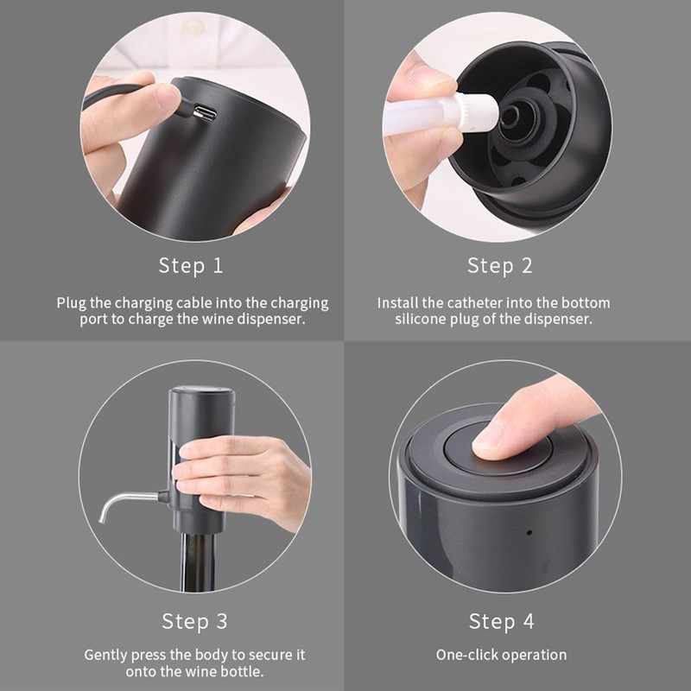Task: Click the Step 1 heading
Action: [x=191, y=266]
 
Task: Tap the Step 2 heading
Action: [x=500, y=266]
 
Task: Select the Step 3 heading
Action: [x=194, y=621]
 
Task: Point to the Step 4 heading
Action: [x=502, y=621]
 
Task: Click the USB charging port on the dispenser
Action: [x=206, y=113]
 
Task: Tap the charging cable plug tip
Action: [x=197, y=115]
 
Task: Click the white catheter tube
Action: [x=441, y=115]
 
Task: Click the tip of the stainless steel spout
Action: [x=102, y=520]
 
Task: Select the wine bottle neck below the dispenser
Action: [x=198, y=562]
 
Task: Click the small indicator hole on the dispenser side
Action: [x=529, y=532]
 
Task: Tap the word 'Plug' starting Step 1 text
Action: [x=71, y=304]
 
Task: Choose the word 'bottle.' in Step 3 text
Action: [x=243, y=672]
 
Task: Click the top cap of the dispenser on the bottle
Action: [x=201, y=390]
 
